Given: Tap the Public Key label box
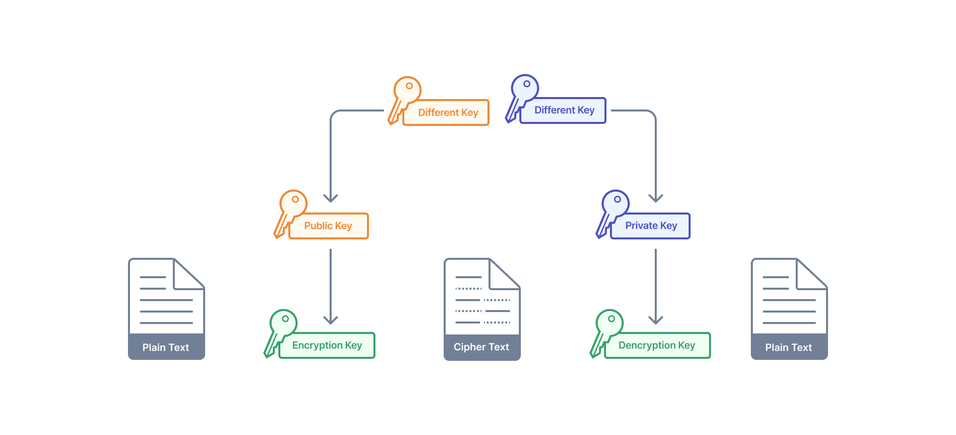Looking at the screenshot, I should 328,226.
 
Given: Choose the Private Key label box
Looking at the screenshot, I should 650,226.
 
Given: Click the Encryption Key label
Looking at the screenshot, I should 327,345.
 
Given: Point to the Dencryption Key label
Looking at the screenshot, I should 657,345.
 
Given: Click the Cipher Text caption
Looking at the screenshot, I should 481,347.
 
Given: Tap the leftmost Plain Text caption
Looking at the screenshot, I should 166,347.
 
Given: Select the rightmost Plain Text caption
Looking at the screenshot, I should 789,347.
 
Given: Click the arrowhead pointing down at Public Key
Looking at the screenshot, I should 331,199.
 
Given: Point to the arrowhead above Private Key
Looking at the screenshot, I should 656,199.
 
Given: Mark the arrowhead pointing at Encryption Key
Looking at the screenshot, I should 331,320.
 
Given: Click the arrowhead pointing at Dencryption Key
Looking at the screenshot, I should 656,320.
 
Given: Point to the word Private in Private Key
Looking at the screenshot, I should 641,226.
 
